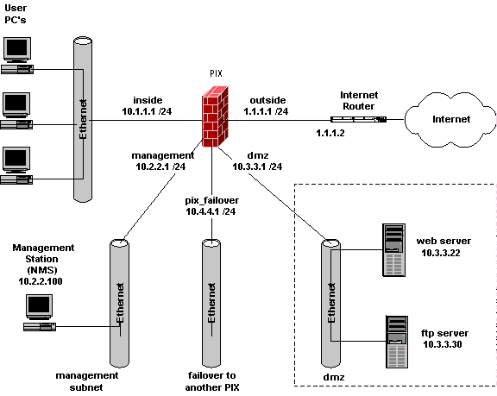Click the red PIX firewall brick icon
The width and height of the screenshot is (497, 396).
[x=215, y=116]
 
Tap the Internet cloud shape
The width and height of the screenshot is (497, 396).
[x=450, y=120]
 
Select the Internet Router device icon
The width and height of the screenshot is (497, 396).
[x=358, y=119]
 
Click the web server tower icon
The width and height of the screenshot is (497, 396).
[x=394, y=250]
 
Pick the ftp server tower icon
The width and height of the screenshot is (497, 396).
[x=397, y=342]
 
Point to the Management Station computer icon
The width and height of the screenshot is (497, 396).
[x=40, y=313]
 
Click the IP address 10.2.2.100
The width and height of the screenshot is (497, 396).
[x=41, y=281]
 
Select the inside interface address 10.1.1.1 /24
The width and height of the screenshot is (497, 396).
[x=147, y=111]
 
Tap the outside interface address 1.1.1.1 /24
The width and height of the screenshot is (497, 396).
[x=266, y=111]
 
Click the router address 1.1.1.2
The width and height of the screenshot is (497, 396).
[x=330, y=133]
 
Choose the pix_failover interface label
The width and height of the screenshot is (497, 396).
[x=211, y=200]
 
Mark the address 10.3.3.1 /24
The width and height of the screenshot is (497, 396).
[x=257, y=167]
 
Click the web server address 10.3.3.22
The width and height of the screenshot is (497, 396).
[x=441, y=253]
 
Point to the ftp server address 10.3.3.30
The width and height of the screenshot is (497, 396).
[x=442, y=344]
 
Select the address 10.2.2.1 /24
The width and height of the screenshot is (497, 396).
[x=160, y=167]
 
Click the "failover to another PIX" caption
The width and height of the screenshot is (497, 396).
[x=211, y=381]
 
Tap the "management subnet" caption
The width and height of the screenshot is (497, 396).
[x=87, y=381]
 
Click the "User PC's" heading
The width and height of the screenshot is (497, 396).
[x=16, y=14]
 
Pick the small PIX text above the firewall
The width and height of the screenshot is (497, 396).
[x=216, y=74]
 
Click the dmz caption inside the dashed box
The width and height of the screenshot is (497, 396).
[x=333, y=377]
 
